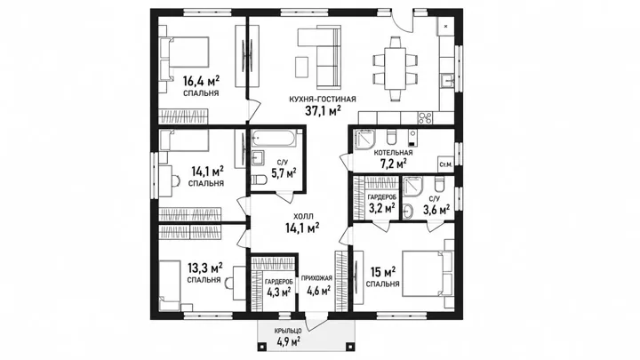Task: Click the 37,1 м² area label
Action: click(x=323, y=110)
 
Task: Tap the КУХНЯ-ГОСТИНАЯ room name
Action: click(x=323, y=100)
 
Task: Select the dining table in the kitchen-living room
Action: click(x=395, y=68)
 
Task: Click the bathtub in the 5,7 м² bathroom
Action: click(x=274, y=138)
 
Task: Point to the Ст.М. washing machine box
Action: click(x=445, y=165)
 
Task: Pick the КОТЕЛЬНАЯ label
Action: click(x=393, y=153)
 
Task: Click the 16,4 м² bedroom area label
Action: click(x=201, y=80)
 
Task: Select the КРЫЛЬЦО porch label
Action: click(x=288, y=331)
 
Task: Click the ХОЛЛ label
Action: click(x=302, y=217)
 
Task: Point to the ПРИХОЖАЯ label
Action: click(x=316, y=278)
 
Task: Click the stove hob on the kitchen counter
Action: click(x=425, y=118)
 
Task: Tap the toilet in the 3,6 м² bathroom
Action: click(x=439, y=184)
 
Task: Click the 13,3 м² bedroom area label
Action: click(x=205, y=268)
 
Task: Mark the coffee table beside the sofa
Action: click(x=301, y=67)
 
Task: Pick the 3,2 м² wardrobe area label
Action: click(x=381, y=208)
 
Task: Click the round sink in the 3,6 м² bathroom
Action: click(x=408, y=212)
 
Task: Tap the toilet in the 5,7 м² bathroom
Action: click(x=259, y=180)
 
